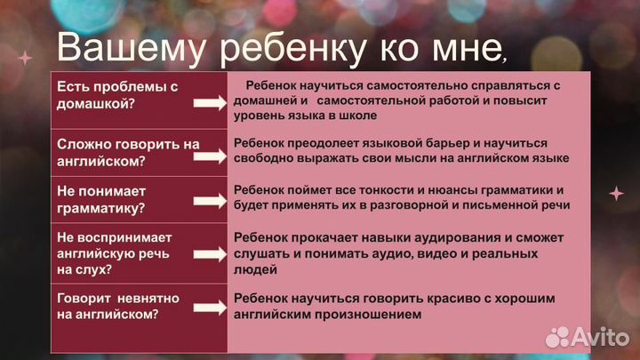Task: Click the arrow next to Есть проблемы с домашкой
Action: [x=211, y=104]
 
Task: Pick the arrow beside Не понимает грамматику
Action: [x=211, y=205]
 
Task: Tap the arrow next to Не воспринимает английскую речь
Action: [x=211, y=255]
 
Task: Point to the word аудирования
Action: [x=442, y=238]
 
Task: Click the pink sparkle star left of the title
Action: [x=25, y=58]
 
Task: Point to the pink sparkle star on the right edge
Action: [x=615, y=193]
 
